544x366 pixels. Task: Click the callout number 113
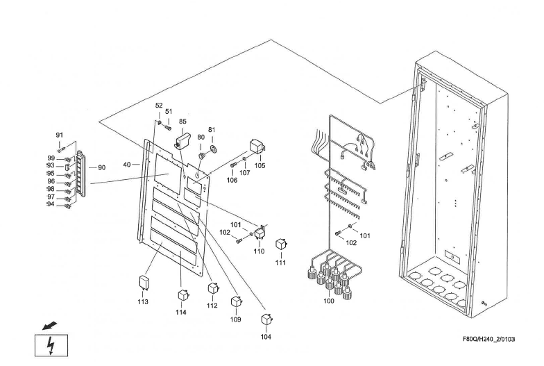pyautogui.click(x=142, y=301)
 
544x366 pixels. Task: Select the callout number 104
pyautogui.click(x=266, y=336)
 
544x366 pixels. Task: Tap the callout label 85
pyautogui.click(x=183, y=122)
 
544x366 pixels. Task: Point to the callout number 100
pyautogui.click(x=329, y=301)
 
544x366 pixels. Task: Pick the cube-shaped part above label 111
pyautogui.click(x=281, y=244)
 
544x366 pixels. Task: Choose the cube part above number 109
pyautogui.click(x=236, y=303)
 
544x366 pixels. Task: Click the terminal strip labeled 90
pyautogui.click(x=80, y=167)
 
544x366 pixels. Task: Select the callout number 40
pyautogui.click(x=127, y=165)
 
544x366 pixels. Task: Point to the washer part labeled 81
pyautogui.click(x=212, y=148)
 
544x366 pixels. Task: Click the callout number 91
pyautogui.click(x=60, y=135)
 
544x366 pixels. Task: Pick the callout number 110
pyautogui.click(x=259, y=251)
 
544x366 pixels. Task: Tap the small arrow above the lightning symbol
pyautogui.click(x=47, y=324)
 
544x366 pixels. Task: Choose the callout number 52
pyautogui.click(x=159, y=106)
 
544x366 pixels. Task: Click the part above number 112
pyautogui.click(x=213, y=288)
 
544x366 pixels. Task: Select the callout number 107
pyautogui.click(x=245, y=172)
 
